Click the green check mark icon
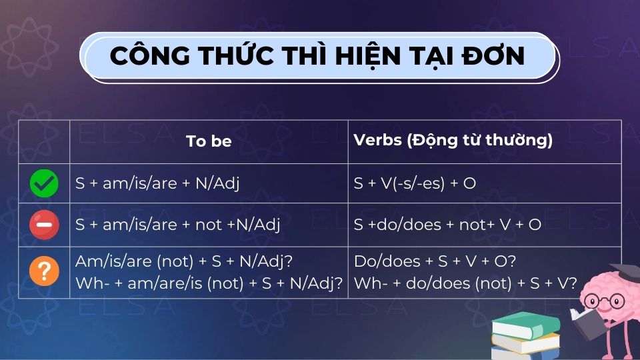click(x=44, y=183)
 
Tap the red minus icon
click(x=44, y=225)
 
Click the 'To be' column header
click(x=209, y=141)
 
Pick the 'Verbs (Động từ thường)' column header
click(x=453, y=141)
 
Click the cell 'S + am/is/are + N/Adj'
click(x=157, y=183)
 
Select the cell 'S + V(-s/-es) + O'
click(x=415, y=183)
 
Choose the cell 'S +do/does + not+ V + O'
click(x=447, y=225)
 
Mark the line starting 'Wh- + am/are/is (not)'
click(x=209, y=283)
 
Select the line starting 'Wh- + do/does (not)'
click(x=465, y=283)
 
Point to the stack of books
click(x=525, y=337)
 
